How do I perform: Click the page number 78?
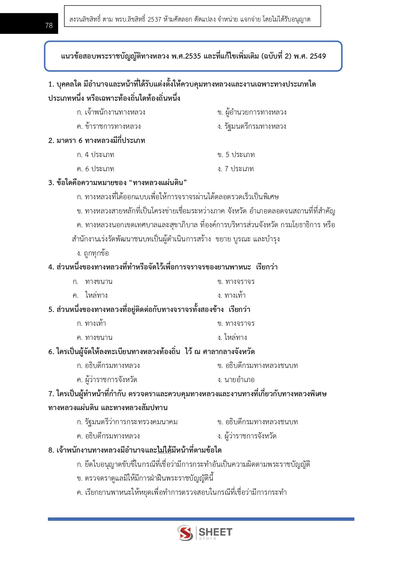coord(49,25)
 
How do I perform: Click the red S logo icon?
coord(185,533)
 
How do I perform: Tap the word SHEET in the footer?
coord(215,532)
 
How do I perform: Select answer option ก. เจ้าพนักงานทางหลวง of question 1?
coord(111,112)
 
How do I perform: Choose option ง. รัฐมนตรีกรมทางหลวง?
coord(252,127)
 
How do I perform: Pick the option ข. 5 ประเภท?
coord(236,155)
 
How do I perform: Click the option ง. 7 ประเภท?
coord(236,169)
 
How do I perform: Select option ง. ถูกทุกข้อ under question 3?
coord(93,253)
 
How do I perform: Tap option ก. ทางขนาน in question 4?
coord(93,282)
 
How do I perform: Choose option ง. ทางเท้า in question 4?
coord(231,296)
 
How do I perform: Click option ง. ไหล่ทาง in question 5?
coord(232,338)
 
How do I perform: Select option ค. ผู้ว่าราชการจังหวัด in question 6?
coord(107,380)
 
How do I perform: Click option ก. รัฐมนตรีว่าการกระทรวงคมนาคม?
coord(127,422)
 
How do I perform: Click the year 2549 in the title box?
coord(318,56)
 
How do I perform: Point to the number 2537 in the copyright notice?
coord(154,20)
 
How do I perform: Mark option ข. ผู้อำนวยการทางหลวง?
coord(252,112)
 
